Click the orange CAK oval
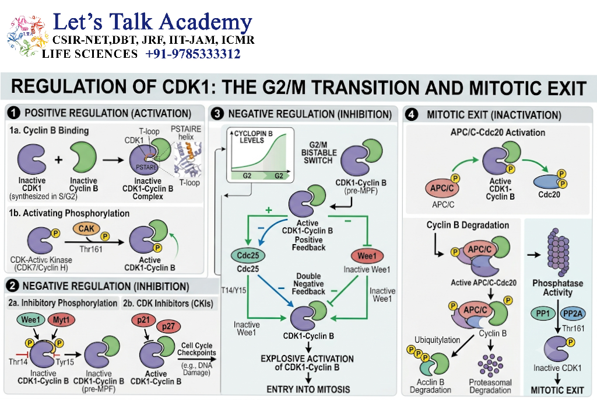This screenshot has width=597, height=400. (x=86, y=228)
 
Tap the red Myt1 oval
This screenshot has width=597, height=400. (x=61, y=319)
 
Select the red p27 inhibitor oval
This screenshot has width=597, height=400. (x=168, y=326)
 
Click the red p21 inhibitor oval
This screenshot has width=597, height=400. (x=143, y=319)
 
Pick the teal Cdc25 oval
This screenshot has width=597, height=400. (x=248, y=255)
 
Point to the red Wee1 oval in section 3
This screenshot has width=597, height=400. (x=367, y=256)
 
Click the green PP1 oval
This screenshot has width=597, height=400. (x=543, y=314)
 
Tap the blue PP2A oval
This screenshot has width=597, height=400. (x=573, y=314)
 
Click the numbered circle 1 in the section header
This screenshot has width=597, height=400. (x=14, y=113)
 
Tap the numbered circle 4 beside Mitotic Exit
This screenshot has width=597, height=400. (x=412, y=115)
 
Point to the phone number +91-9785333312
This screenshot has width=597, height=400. (x=192, y=54)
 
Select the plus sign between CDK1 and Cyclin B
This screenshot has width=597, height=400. (x=58, y=159)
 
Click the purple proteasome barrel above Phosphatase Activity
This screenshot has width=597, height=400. (x=558, y=252)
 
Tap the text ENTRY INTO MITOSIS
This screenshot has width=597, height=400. (x=308, y=389)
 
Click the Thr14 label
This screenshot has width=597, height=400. (x=18, y=361)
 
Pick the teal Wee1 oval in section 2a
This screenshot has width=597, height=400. (x=30, y=319)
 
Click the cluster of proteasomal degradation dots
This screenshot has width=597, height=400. (x=490, y=365)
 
